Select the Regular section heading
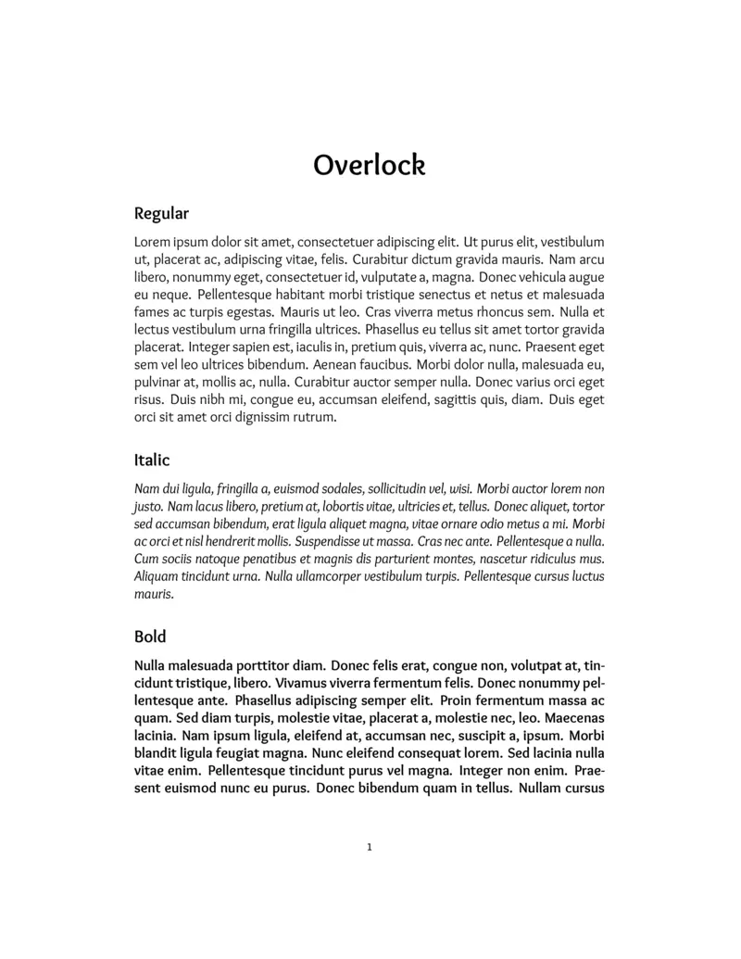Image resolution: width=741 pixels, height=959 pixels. coord(161,214)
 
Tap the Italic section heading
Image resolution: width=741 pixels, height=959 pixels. coord(152,460)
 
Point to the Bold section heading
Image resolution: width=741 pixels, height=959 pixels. coord(150,637)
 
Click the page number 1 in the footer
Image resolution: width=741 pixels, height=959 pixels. coord(370,846)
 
